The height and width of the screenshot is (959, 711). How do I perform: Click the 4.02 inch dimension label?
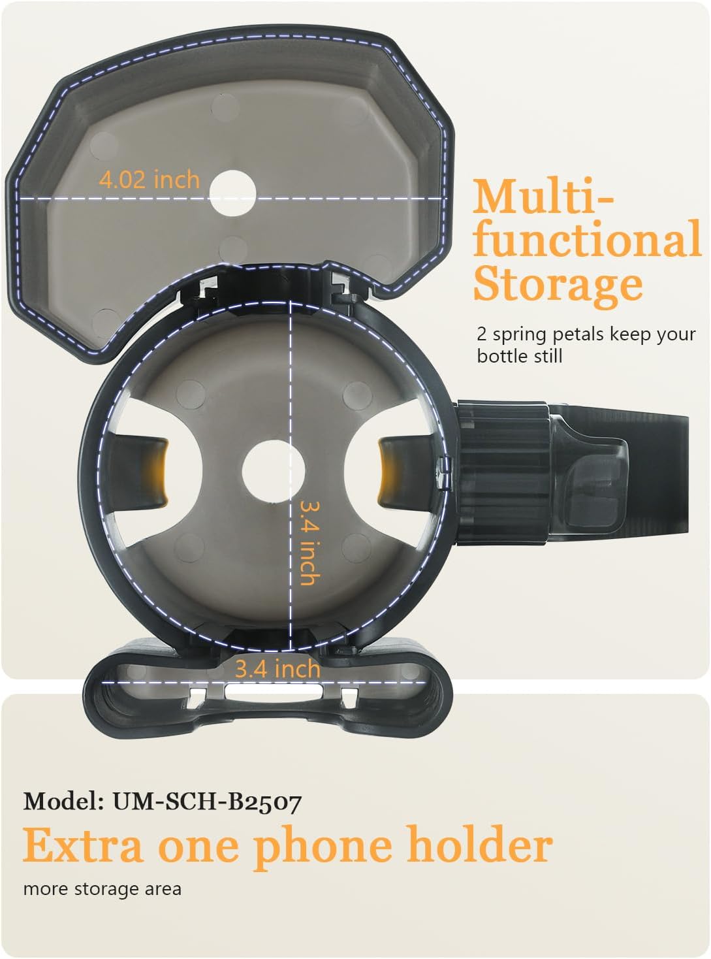pos(149,180)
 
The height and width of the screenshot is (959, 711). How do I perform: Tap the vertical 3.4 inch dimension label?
pos(310,543)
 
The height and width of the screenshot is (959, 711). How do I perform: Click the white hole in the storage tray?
pos(232,193)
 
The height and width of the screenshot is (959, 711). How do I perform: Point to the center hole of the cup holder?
pos(273,471)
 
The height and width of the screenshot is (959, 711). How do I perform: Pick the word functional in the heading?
pos(587,238)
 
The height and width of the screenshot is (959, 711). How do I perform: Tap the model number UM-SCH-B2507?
pos(206,802)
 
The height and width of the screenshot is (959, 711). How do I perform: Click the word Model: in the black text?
pos(63,802)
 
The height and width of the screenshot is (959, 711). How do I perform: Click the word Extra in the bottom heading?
pos(82,845)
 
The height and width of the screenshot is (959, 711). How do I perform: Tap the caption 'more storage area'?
pos(102,890)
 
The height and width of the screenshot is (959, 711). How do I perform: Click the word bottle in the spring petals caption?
pos(501,356)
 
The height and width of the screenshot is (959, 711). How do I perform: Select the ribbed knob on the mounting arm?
pos(503,471)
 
